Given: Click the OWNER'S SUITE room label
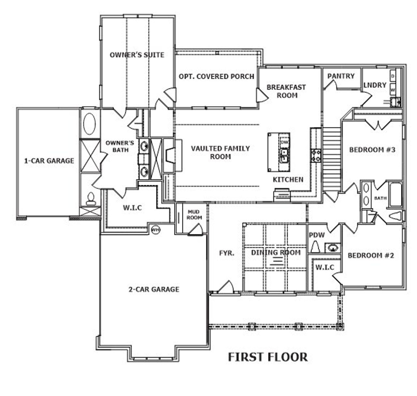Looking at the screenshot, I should pyautogui.click(x=137, y=55).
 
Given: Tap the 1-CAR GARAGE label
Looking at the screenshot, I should pyautogui.click(x=49, y=161).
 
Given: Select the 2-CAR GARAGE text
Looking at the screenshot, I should pyautogui.click(x=154, y=289).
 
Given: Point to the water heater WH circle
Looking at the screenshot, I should pyautogui.click(x=156, y=230).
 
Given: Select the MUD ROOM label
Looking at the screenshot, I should pyautogui.click(x=194, y=215).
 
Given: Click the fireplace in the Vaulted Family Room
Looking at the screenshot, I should pyautogui.click(x=170, y=155).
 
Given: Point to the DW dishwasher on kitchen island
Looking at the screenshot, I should pyautogui.click(x=284, y=142).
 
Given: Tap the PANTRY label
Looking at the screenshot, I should pyautogui.click(x=341, y=76).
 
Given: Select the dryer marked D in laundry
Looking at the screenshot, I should pyautogui.click(x=393, y=76).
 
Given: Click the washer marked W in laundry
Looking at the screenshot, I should pyautogui.click(x=393, y=89).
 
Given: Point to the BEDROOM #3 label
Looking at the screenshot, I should pyautogui.click(x=372, y=150).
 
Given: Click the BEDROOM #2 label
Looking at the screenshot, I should pyautogui.click(x=371, y=255).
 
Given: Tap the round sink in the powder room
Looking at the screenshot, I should pyautogui.click(x=332, y=247).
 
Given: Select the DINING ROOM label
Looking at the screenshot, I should pyautogui.click(x=276, y=252).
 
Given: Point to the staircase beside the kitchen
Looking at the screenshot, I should pyautogui.click(x=331, y=160).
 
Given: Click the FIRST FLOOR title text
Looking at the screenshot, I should pyautogui.click(x=267, y=357).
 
